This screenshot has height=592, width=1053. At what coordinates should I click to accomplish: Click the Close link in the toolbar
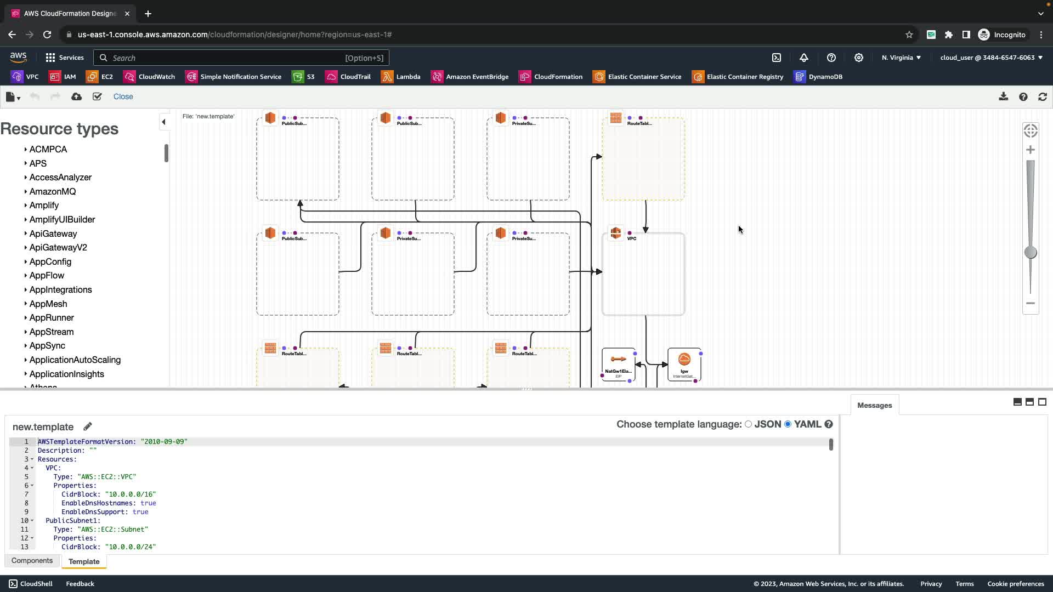coord(123,96)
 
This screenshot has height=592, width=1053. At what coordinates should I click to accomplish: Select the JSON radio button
coord(748,424)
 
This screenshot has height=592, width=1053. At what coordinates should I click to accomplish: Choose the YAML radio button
coord(788,424)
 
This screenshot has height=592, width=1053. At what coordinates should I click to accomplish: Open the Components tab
coord(32,561)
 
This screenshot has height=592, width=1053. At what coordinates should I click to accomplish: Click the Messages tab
coord(874,406)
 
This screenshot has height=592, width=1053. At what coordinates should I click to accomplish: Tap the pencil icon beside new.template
coord(88,426)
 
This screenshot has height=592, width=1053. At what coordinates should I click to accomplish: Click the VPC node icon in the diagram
coord(616,234)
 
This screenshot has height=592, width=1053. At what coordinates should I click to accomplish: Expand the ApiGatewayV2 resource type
coord(58,248)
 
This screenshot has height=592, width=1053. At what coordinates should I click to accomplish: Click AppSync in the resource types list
coord(47,346)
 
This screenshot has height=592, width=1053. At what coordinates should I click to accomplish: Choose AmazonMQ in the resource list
coord(53,192)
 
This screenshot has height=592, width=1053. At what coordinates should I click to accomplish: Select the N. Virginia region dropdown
coord(901,58)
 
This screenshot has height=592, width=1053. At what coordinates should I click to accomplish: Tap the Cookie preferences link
coord(1015,584)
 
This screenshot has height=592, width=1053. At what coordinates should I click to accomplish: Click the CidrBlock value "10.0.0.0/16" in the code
coord(131,494)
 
